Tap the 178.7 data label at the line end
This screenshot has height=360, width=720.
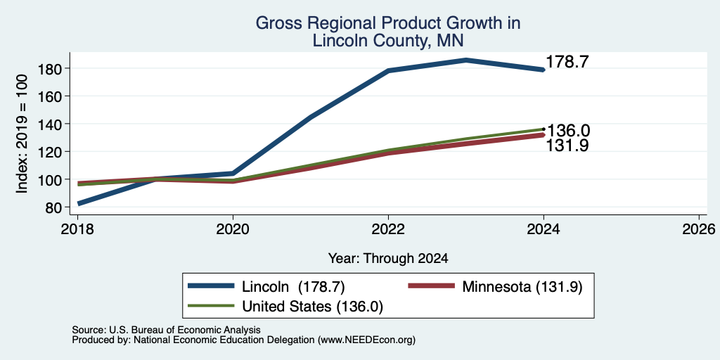(x=567, y=62)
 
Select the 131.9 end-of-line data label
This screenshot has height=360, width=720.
(x=567, y=146)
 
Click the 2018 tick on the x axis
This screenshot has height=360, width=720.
(x=77, y=229)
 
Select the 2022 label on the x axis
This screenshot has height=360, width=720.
(x=388, y=229)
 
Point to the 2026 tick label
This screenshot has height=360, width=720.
(x=699, y=229)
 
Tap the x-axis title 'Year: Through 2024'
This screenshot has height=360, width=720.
(x=388, y=259)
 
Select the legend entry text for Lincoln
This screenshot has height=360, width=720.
(x=293, y=287)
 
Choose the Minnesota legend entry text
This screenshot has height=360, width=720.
(x=522, y=287)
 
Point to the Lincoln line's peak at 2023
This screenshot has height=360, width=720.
(x=466, y=60)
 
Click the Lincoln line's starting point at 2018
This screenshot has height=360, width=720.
(x=79, y=203)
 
